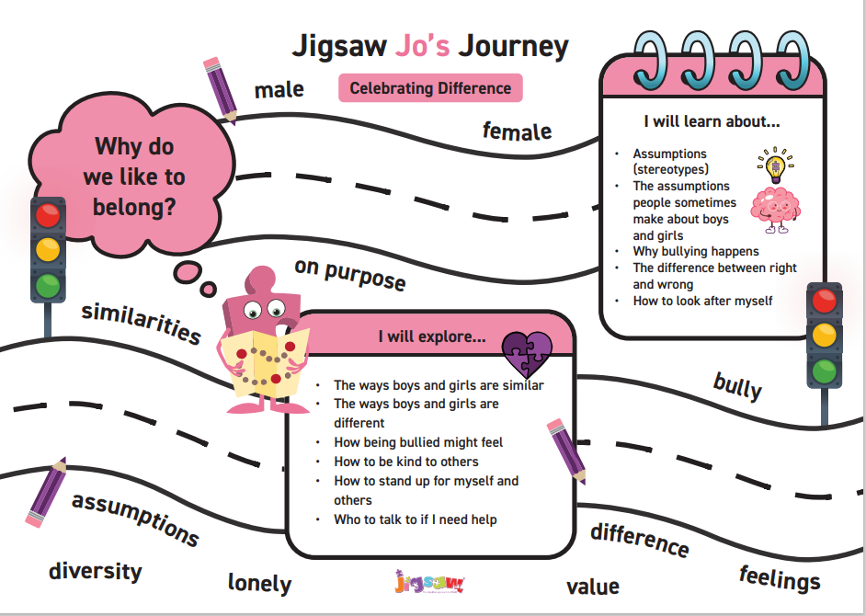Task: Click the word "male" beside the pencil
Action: (x=279, y=89)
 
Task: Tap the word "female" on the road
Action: (x=517, y=131)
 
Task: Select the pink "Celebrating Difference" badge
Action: (x=430, y=88)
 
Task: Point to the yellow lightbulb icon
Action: (x=774, y=165)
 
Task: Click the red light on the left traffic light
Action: (x=45, y=217)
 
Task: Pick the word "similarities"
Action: (x=141, y=322)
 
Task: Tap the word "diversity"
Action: (x=96, y=571)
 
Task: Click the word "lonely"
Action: (x=259, y=583)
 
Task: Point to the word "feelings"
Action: (x=780, y=578)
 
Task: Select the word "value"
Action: (x=592, y=586)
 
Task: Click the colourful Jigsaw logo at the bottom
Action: (x=429, y=582)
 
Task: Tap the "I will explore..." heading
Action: (x=432, y=337)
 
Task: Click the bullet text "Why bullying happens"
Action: (x=696, y=251)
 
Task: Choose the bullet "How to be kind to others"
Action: (x=406, y=462)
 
